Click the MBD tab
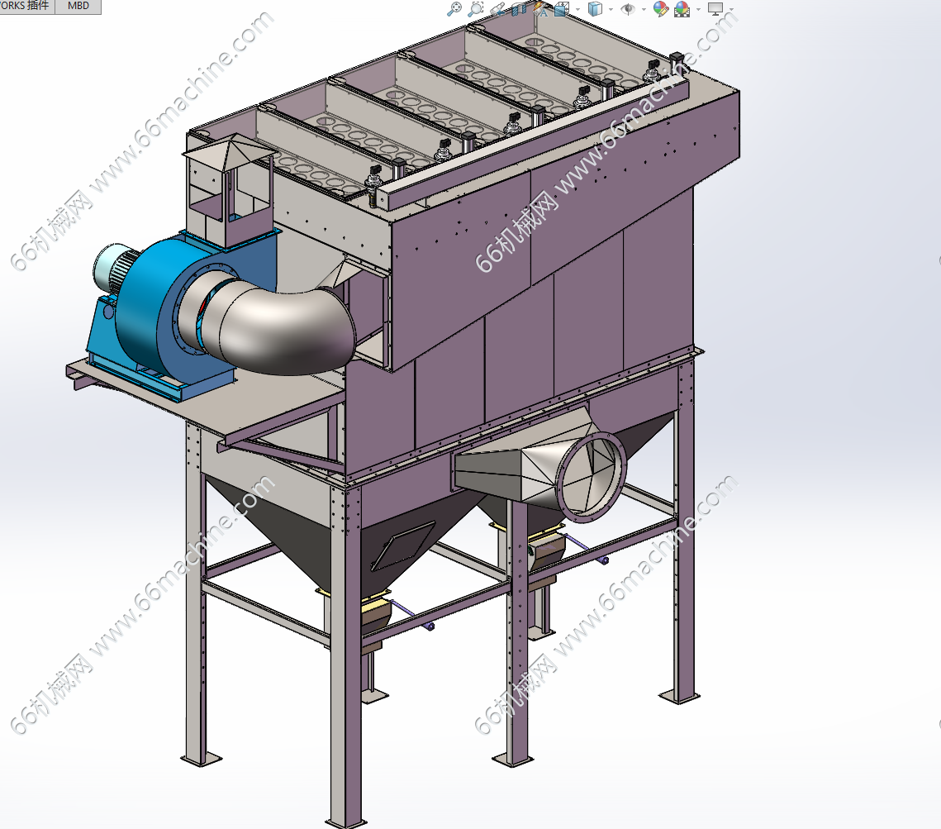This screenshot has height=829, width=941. click(78, 6)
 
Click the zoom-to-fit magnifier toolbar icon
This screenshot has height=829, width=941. click(455, 8)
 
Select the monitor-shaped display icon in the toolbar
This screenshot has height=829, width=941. click(715, 8)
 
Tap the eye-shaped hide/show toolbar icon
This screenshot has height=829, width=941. click(628, 8)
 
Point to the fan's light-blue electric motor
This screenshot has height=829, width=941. click(113, 268)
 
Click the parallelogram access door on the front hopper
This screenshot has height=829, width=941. click(403, 545)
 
